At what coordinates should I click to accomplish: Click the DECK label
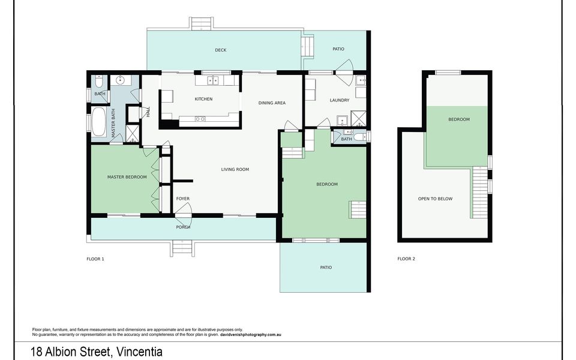click(x=221, y=50)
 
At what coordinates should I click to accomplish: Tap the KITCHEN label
click(x=203, y=99)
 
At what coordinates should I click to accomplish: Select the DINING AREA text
click(x=272, y=103)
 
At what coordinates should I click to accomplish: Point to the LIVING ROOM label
click(x=235, y=170)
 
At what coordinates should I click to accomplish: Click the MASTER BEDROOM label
click(x=127, y=177)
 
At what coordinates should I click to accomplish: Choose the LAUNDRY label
click(x=340, y=100)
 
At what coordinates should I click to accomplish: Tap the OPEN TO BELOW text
click(x=436, y=199)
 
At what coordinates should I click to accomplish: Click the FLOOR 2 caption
click(x=406, y=259)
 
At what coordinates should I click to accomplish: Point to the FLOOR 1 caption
click(x=95, y=259)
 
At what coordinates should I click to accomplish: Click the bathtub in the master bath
click(x=99, y=122)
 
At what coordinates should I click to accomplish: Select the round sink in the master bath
click(x=120, y=80)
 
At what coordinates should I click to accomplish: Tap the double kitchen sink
click(x=212, y=80)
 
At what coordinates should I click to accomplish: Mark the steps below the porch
click(x=182, y=248)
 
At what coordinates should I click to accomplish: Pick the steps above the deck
click(x=202, y=24)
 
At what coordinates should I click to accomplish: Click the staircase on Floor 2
click(x=480, y=192)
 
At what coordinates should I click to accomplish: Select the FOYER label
click(x=183, y=199)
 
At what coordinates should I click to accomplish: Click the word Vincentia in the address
click(x=139, y=352)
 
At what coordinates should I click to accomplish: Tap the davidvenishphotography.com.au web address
click(x=251, y=335)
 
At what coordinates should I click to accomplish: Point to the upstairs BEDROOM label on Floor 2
click(x=459, y=120)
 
